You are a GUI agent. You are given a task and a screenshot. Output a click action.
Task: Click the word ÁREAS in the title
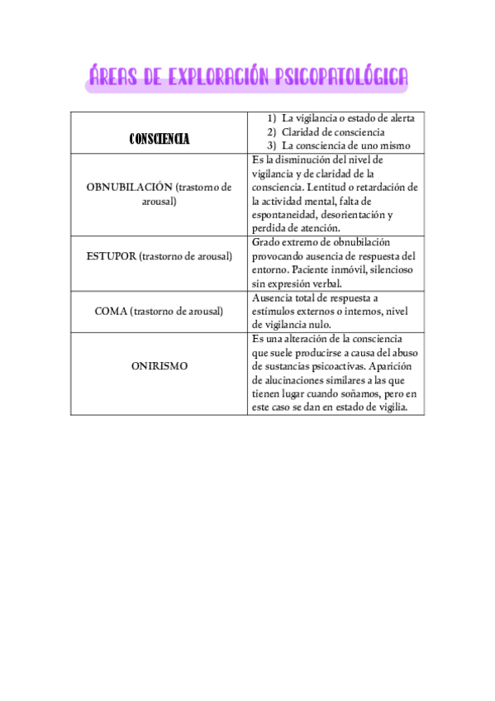[x=114, y=78]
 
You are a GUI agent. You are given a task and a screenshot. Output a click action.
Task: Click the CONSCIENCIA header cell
[x=159, y=139]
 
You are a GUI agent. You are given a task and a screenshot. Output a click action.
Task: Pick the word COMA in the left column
[x=111, y=311]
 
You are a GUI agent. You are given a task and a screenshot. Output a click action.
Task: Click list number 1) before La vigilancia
[x=271, y=117]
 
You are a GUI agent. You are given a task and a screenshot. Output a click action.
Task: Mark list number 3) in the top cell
[x=271, y=145]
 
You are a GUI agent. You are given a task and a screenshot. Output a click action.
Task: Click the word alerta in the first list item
[x=399, y=117]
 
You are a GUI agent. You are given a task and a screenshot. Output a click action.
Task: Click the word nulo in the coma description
[x=321, y=325]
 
